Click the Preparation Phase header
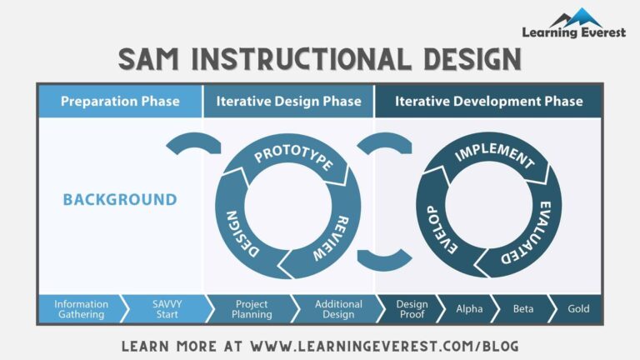tap(120, 102)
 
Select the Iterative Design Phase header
tap(289, 102)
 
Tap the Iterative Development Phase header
tap(488, 102)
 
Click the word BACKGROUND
tap(120, 200)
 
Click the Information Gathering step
tap(82, 309)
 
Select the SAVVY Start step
tap(167, 309)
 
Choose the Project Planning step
tap(252, 309)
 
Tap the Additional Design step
tap(338, 309)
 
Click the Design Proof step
tap(412, 309)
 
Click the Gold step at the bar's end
tap(578, 309)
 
